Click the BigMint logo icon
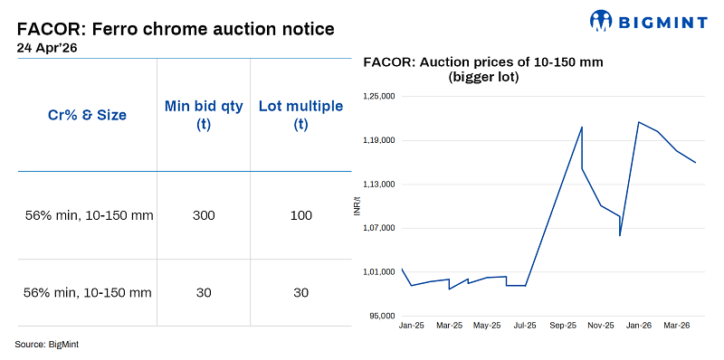coord(603,20)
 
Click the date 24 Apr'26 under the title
coord(48,48)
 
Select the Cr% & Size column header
coord(87,115)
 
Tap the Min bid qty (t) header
coord(204,115)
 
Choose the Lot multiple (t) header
coord(300,115)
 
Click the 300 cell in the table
coord(204,215)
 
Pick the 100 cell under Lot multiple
coord(300,215)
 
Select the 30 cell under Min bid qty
coord(204,292)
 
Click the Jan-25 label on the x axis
coord(412,325)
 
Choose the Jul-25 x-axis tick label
coord(525,325)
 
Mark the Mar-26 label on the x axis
coord(676,325)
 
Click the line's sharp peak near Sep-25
coord(582,127)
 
